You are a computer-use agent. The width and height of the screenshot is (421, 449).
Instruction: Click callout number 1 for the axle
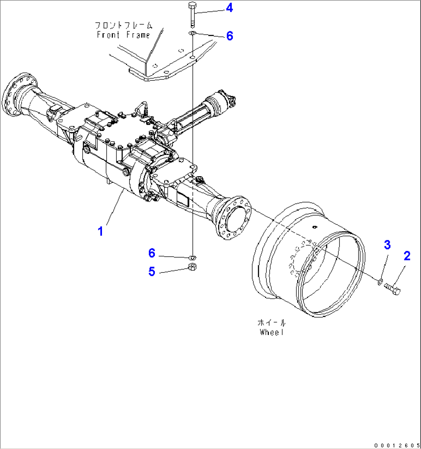click(100, 231)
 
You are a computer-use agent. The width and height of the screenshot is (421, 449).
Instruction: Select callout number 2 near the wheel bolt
click(407, 256)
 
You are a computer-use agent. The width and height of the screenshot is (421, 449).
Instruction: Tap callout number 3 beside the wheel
click(387, 245)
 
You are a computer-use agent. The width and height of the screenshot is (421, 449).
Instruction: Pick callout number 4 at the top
click(229, 8)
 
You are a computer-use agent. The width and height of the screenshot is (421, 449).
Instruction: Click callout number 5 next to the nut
click(152, 272)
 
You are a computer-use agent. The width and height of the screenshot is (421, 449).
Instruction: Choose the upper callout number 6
click(229, 36)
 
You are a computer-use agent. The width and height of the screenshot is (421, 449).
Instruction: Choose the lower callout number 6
click(152, 253)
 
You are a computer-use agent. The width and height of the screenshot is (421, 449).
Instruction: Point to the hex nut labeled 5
click(192, 266)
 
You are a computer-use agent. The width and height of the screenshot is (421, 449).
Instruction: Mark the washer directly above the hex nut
click(192, 257)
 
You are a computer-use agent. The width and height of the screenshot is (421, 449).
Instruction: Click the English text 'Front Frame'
click(123, 35)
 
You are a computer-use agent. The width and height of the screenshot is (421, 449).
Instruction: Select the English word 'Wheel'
click(272, 332)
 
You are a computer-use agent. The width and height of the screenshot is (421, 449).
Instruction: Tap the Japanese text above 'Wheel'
click(272, 322)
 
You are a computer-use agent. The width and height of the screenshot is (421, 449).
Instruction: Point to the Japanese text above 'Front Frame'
click(123, 26)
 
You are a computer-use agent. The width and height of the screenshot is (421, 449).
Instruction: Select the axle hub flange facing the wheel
click(233, 218)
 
